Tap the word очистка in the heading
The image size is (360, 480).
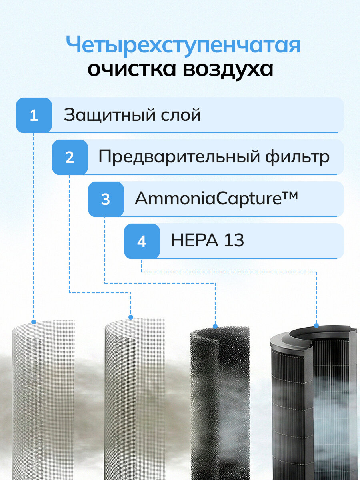tap(132, 70)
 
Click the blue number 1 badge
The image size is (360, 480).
tap(34, 115)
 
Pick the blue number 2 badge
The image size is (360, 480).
tap(70, 157)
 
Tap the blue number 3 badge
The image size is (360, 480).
tap(106, 199)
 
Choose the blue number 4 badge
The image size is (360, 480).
tap(142, 242)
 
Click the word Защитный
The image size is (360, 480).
tap(110, 115)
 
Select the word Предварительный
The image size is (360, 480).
tap(180, 156)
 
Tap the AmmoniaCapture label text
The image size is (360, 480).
tap(208, 199)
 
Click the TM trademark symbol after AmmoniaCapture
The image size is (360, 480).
tap(290, 195)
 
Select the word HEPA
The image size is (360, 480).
tap(194, 240)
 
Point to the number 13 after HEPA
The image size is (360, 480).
tap(234, 240)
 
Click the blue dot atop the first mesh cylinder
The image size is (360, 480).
tap(34, 322)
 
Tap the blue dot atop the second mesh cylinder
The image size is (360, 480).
tap(131, 317)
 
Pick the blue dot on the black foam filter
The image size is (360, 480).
tap(215, 326)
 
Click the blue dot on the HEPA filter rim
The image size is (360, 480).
tap(316, 326)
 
